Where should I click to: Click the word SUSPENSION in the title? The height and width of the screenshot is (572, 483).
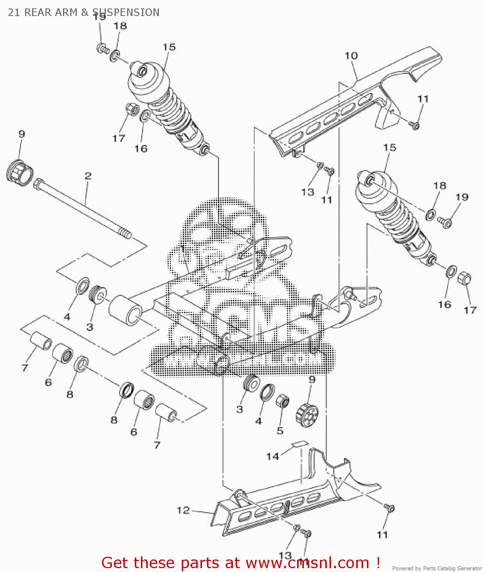126,12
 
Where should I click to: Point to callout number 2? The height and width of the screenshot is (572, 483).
88,176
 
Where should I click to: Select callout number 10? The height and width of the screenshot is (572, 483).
351,56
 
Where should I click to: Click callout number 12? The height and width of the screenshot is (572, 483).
183,510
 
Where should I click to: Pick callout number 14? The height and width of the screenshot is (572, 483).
273,456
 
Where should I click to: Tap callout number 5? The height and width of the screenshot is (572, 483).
280,431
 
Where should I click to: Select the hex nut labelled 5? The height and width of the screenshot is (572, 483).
282,401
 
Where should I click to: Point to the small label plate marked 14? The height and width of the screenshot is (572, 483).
300,444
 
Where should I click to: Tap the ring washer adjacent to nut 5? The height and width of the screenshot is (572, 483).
267,392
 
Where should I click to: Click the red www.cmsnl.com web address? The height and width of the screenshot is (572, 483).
307,563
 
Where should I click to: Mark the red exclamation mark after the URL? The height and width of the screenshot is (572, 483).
378,562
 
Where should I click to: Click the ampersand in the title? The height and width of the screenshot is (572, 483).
84,12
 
